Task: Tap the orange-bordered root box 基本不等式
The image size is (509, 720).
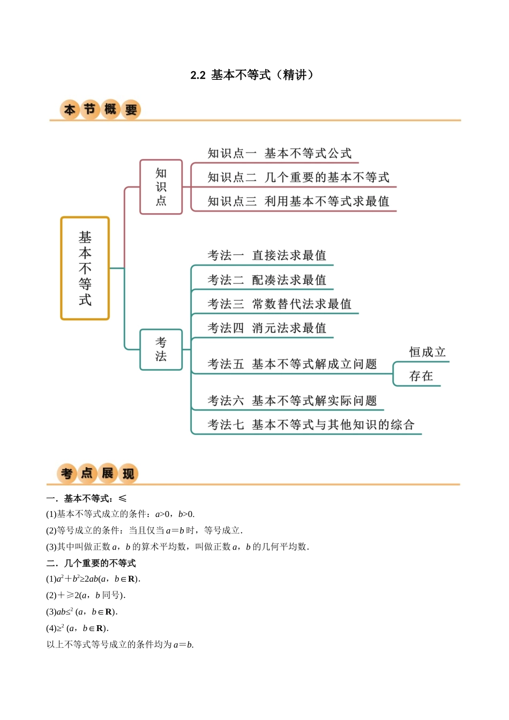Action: click(x=85, y=268)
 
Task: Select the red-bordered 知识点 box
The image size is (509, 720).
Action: click(x=161, y=187)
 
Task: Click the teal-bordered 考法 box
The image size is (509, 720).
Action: click(x=161, y=349)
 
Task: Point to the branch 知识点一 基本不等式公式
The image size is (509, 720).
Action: click(x=279, y=154)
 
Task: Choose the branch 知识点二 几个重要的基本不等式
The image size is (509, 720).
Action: click(x=298, y=177)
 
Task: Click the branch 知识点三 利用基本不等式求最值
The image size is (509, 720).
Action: click(x=298, y=201)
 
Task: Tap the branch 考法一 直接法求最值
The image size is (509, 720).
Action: click(x=267, y=256)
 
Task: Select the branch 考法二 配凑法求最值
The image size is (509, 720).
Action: click(x=267, y=280)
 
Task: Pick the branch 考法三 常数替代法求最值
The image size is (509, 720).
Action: click(x=279, y=304)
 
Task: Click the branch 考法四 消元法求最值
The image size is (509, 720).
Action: click(x=267, y=328)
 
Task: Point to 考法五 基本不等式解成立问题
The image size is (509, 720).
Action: click(x=292, y=364)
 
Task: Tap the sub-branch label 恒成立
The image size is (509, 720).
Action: click(x=427, y=352)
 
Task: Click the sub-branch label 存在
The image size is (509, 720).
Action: click(x=421, y=376)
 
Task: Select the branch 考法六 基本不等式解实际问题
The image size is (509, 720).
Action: click(x=292, y=401)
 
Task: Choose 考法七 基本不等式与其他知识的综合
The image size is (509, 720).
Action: click(x=311, y=425)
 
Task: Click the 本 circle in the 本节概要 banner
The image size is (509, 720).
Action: click(x=70, y=110)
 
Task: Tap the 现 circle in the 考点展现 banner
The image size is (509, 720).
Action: click(x=129, y=474)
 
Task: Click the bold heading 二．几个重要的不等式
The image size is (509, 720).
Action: click(x=91, y=563)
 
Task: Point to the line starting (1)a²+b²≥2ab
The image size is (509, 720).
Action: click(x=93, y=579)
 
